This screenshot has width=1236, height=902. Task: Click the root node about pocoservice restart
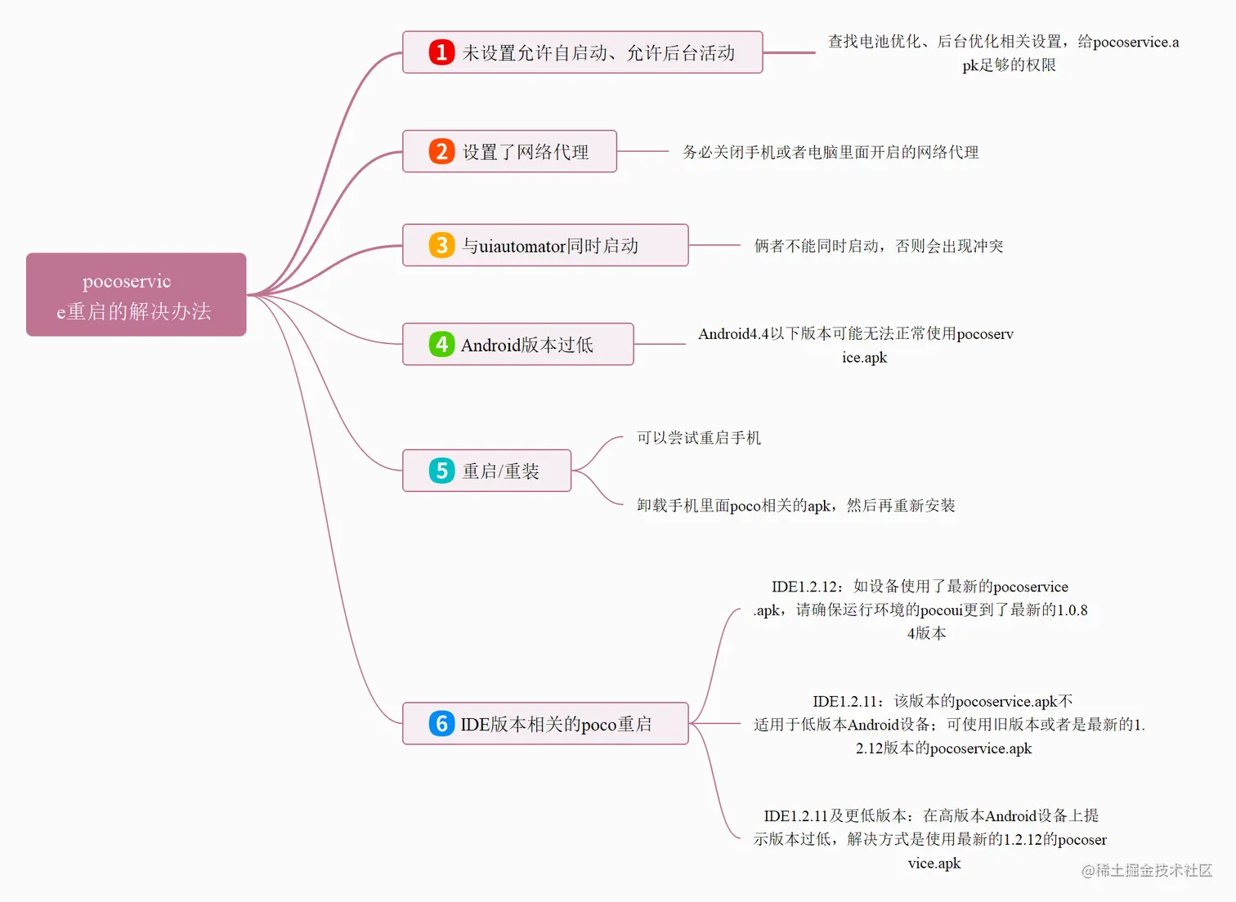(x=137, y=294)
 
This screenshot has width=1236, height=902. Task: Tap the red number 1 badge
(x=441, y=52)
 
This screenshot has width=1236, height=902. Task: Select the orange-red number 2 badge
(x=441, y=151)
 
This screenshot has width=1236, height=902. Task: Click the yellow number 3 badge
(x=441, y=245)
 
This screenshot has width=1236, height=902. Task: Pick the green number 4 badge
(x=441, y=344)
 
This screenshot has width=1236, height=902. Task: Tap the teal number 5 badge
(x=441, y=471)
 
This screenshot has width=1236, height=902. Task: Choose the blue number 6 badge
(x=441, y=723)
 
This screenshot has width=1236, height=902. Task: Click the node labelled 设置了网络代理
(x=509, y=151)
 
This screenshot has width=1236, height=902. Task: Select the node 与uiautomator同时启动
(x=545, y=245)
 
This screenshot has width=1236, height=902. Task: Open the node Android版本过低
(x=518, y=344)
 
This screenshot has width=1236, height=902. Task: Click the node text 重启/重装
(x=500, y=471)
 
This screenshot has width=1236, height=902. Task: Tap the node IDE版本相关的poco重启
(x=545, y=723)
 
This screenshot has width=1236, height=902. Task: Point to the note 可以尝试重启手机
(x=699, y=438)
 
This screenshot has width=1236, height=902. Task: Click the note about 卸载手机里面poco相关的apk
(x=795, y=505)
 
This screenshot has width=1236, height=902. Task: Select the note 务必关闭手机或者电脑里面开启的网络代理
(x=831, y=152)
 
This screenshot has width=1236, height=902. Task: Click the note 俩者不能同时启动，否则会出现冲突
(x=879, y=245)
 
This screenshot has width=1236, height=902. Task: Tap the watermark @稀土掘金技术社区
(x=1147, y=870)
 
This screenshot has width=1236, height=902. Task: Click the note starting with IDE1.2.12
(x=920, y=610)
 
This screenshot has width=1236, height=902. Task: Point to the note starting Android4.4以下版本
(x=856, y=345)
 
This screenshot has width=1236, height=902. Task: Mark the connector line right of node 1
(x=789, y=53)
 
